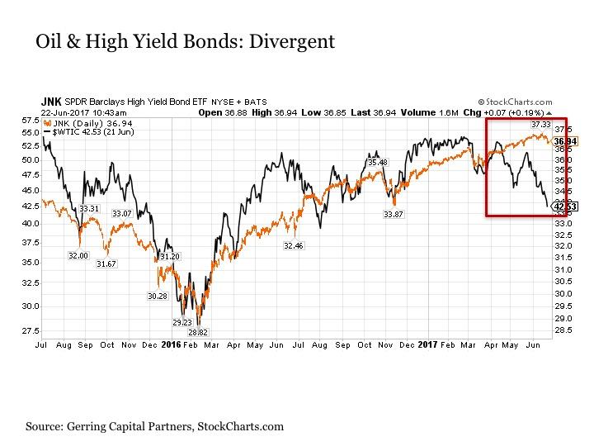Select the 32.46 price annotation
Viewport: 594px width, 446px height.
pos(293,245)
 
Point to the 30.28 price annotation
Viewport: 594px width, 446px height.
pos(158,295)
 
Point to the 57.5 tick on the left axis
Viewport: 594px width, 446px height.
pos(31,121)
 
